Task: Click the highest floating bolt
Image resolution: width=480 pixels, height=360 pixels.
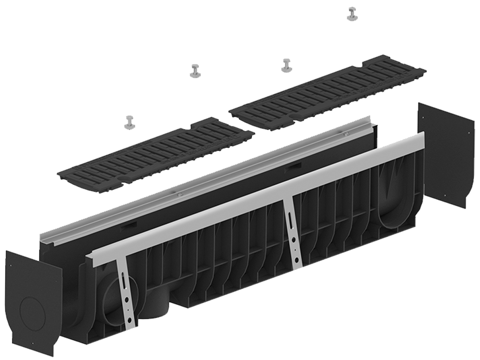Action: coord(352,15)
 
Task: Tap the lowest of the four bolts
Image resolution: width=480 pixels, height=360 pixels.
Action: coord(129,122)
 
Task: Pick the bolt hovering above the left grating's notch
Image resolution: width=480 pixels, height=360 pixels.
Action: coord(195,71)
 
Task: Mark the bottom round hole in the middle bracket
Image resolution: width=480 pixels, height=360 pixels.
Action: coord(298,260)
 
